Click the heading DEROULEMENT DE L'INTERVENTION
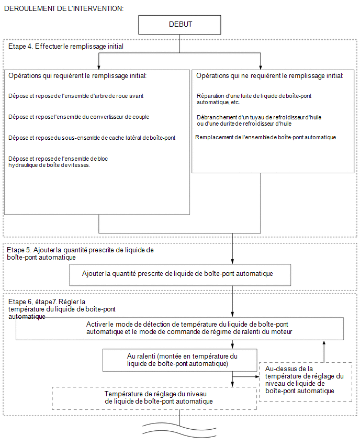(64, 8)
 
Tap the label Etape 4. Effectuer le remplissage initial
(66, 47)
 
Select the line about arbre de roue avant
(76, 96)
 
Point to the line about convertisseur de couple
(79, 117)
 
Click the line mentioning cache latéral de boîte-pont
(92, 138)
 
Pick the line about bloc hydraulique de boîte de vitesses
(58, 162)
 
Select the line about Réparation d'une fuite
(254, 99)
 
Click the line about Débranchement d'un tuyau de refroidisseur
(259, 120)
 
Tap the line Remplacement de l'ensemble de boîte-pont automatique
(266, 137)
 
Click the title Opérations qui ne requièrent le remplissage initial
(269, 76)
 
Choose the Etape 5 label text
(80, 253)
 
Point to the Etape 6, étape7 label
(62, 309)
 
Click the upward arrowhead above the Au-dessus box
(324, 343)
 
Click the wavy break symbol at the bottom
(179, 429)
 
